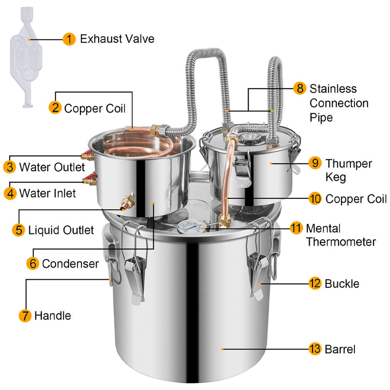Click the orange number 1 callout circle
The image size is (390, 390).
pos(69,39)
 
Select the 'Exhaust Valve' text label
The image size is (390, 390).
pos(117,39)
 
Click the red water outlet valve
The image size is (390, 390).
pos(88,156)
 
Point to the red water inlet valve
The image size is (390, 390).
pos(89,179)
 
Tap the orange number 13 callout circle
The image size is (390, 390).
pos(315,349)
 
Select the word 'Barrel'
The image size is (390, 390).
pos(340,349)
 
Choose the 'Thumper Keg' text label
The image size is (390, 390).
pos(349,170)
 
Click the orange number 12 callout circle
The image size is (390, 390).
pos(315,283)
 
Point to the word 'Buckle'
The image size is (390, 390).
pos(342,283)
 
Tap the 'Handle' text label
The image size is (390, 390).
pos(52,316)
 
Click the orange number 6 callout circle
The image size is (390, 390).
pos(33,264)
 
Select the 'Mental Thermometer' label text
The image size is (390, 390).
pos(340,234)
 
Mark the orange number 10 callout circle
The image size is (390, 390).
pos(315,199)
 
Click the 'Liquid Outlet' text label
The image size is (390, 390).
pos(61,230)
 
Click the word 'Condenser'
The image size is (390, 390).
pos(70,264)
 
